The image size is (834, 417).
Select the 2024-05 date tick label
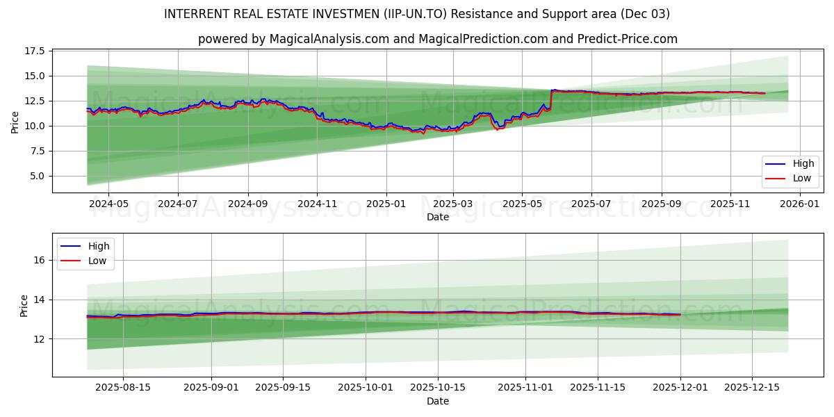click(109, 204)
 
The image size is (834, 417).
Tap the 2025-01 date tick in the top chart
click(386, 204)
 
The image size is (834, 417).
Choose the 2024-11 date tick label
click(317, 204)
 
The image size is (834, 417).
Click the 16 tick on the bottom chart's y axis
click(40, 260)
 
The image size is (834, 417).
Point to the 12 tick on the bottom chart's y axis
click(40, 339)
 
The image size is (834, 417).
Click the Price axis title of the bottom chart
click(24, 306)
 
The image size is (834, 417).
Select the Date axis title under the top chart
click(438, 217)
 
